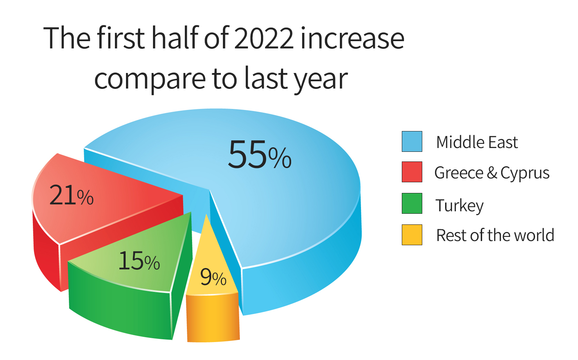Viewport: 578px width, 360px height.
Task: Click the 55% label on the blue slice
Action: click(x=260, y=155)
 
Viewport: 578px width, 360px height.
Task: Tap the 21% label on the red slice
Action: click(x=71, y=196)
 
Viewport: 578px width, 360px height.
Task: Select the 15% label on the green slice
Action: click(x=139, y=261)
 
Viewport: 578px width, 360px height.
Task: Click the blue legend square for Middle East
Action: click(x=412, y=141)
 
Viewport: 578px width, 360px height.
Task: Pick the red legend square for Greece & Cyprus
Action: click(x=412, y=172)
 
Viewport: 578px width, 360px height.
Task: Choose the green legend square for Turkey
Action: click(x=412, y=203)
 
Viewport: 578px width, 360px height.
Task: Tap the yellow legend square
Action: click(x=412, y=235)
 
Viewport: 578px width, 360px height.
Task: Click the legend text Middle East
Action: click(x=477, y=142)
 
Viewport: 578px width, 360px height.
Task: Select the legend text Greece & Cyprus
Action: click(x=492, y=173)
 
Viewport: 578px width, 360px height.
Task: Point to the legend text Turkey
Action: click(x=459, y=206)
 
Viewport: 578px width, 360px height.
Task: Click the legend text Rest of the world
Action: click(x=495, y=236)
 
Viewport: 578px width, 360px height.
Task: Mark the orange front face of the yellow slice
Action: click(x=213, y=318)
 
